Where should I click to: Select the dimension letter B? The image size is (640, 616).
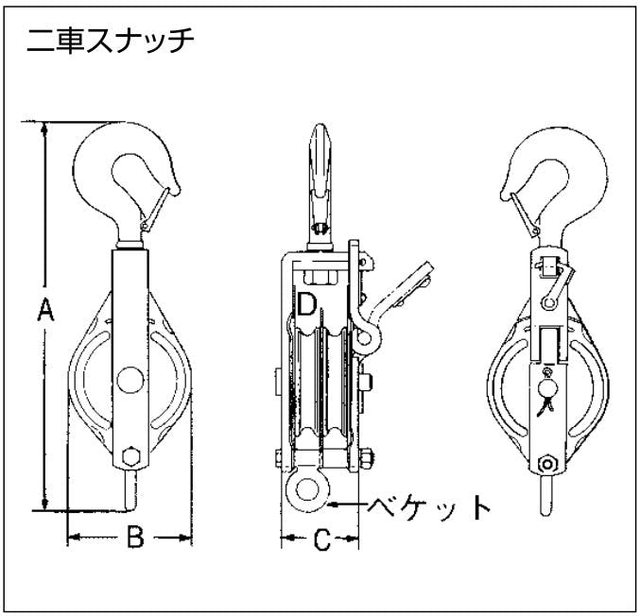(x=134, y=538)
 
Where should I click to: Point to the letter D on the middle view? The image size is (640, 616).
(x=305, y=304)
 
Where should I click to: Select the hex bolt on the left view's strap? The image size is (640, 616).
(x=130, y=456)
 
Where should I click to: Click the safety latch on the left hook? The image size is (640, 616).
(x=157, y=204)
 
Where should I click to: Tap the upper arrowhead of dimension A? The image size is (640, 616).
(x=43, y=128)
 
